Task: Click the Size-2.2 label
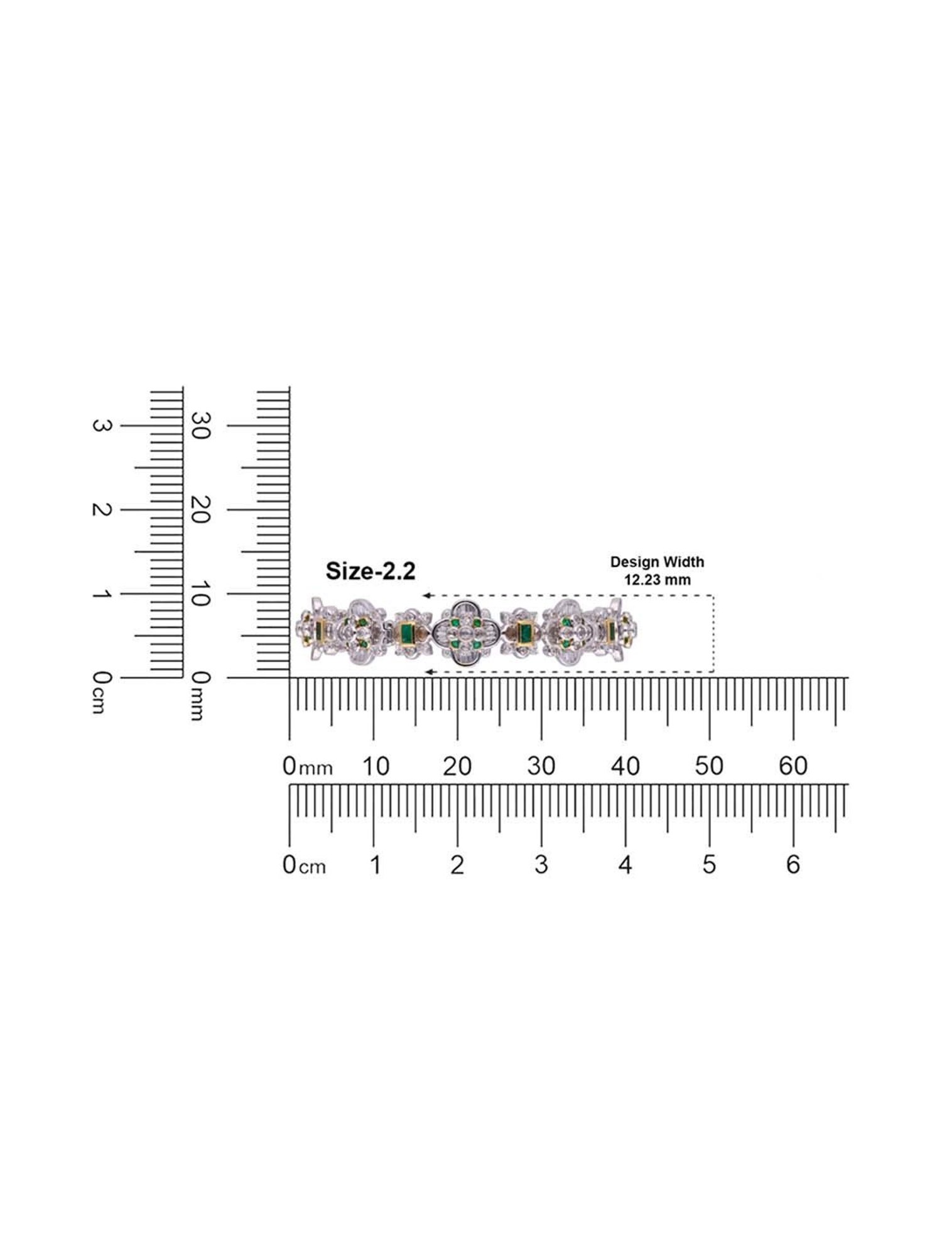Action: coord(370,571)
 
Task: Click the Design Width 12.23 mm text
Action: coord(657,570)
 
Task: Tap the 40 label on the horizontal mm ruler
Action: coord(625,766)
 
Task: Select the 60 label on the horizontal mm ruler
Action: coord(793,766)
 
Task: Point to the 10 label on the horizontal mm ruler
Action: coord(375,766)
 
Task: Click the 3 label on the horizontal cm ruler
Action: coord(541,865)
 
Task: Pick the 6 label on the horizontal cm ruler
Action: coord(793,865)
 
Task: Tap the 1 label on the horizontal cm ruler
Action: coord(375,865)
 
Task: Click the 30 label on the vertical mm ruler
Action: coord(200,426)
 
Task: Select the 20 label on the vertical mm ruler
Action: coord(200,509)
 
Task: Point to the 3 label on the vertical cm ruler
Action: coord(100,426)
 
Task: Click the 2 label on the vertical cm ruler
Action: coord(100,509)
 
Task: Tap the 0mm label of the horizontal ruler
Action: coord(307,766)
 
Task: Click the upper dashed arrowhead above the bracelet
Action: coord(426,595)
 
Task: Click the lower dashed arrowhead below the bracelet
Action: coord(429,672)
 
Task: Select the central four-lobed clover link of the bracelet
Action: coord(466,633)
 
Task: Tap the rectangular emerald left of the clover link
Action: coord(406,633)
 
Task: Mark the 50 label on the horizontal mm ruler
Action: coord(709,766)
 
